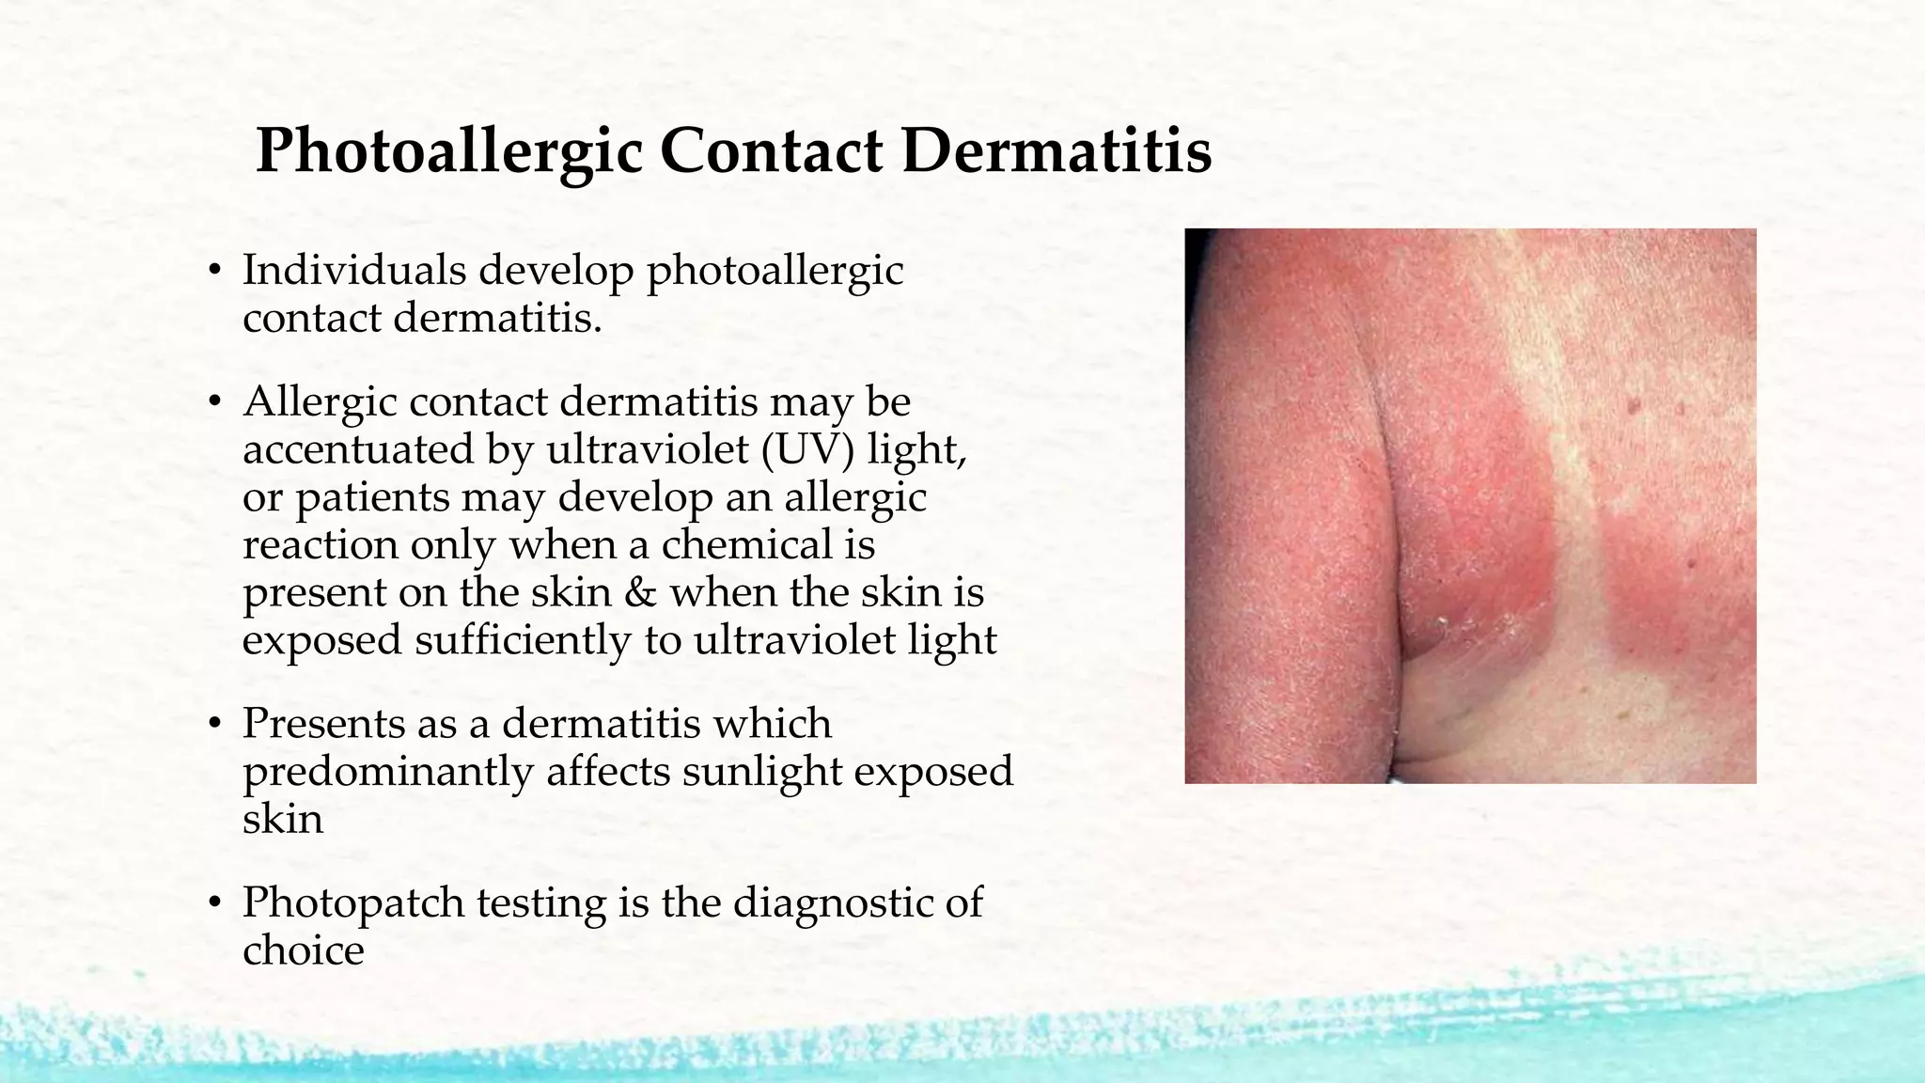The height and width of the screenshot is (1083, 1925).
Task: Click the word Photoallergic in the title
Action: [x=448, y=150]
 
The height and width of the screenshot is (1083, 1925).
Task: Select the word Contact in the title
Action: [x=771, y=150]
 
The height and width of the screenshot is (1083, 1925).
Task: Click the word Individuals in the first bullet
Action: [x=354, y=271]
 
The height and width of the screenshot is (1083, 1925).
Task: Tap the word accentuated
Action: [x=358, y=449]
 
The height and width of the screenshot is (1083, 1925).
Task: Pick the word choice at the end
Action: [x=303, y=950]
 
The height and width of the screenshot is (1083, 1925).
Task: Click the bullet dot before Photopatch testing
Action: [x=214, y=903]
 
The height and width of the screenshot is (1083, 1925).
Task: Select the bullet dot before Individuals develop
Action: [x=214, y=272]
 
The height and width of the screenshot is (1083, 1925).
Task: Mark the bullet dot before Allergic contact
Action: [x=214, y=402]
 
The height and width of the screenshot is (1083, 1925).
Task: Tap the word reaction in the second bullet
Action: [x=321, y=544]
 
